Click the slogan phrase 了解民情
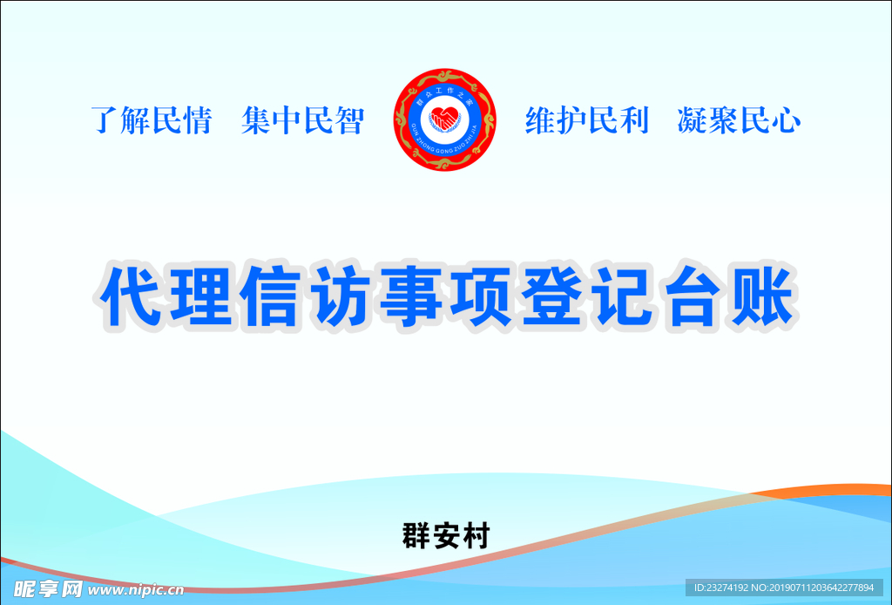[x=152, y=121]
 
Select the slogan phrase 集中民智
[x=302, y=121]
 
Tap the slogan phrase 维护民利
[x=586, y=121]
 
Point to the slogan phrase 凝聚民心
[x=739, y=121]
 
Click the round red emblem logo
[x=445, y=120]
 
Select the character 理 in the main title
[x=201, y=296]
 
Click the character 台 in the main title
[x=691, y=296]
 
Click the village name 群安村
[x=445, y=534]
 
